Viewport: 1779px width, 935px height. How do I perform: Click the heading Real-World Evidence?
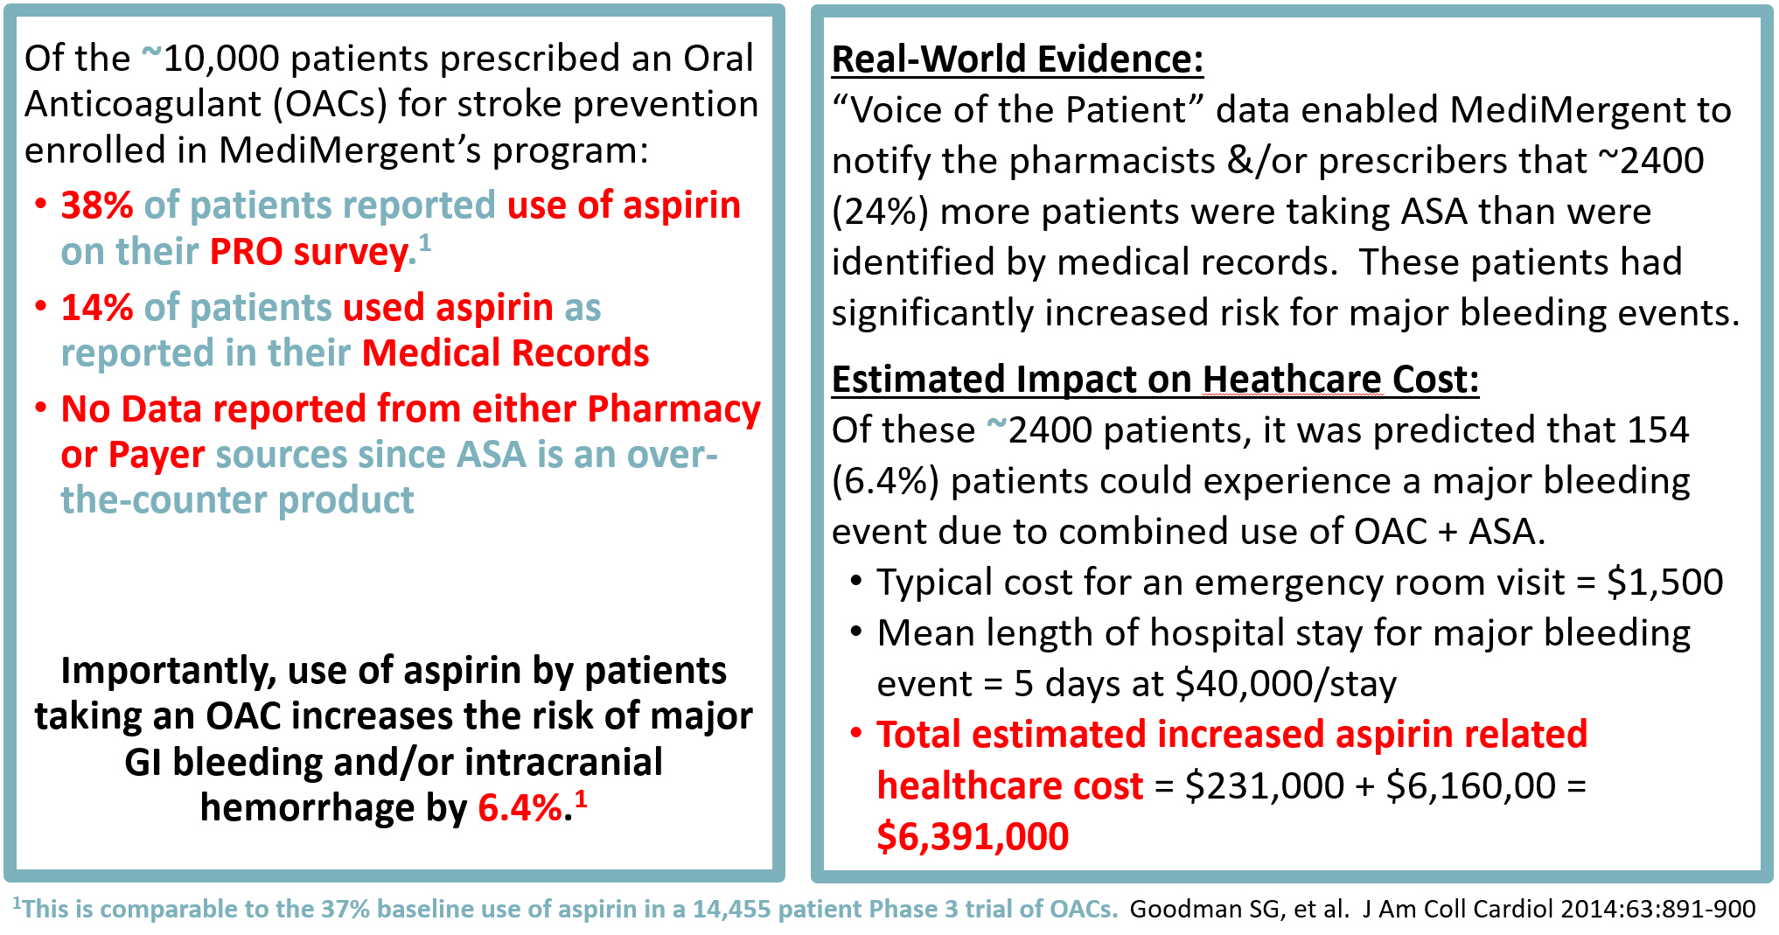[x=1016, y=59]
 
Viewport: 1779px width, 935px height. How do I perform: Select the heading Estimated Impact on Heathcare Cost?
[x=1155, y=380]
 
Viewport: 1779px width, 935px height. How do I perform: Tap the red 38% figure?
[x=96, y=206]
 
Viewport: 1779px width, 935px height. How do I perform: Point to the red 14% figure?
[x=96, y=308]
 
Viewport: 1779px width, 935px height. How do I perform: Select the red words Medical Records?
[x=505, y=353]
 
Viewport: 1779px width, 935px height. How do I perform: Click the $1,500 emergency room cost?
[x=1664, y=583]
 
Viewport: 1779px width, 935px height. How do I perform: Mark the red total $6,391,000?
[x=973, y=837]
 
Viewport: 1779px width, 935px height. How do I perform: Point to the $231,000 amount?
[x=1264, y=785]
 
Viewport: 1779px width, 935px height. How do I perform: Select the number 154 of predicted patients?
[x=1657, y=430]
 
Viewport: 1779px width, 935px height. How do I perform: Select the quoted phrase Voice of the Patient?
[x=1018, y=110]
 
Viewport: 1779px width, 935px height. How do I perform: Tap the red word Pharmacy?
[x=673, y=409]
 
